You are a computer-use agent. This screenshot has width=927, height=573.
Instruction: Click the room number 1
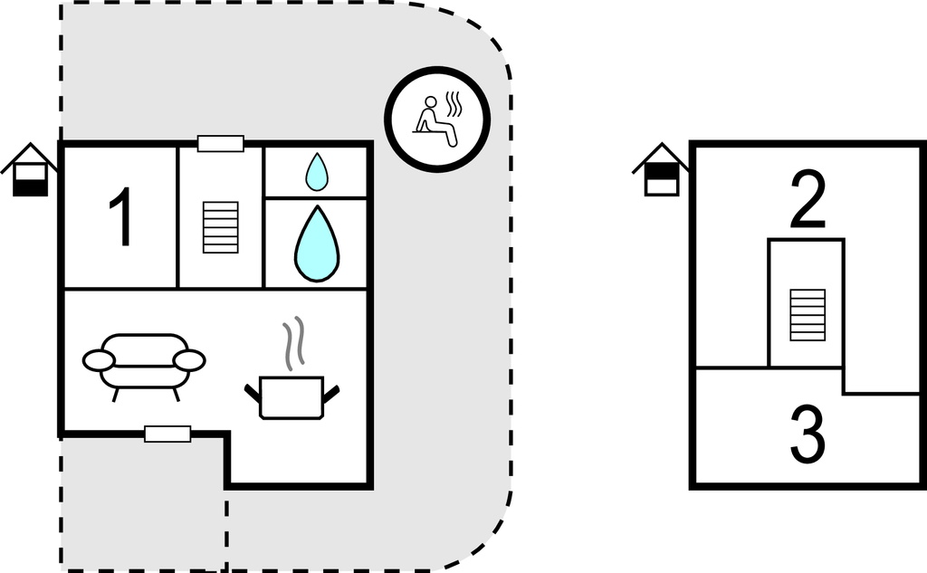tap(120, 217)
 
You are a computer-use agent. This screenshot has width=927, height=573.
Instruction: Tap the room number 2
tap(808, 202)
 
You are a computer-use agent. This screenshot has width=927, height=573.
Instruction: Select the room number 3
tap(808, 435)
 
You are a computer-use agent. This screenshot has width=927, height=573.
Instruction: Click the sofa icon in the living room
tap(144, 362)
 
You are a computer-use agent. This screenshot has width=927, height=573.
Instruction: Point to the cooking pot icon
tap(291, 396)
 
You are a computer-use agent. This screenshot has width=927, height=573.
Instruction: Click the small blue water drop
tap(316, 171)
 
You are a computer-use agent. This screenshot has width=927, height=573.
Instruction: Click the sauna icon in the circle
tap(437, 118)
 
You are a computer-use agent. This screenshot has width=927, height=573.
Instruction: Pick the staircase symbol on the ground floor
tap(221, 227)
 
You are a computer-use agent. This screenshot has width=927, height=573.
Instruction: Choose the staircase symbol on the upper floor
tap(807, 314)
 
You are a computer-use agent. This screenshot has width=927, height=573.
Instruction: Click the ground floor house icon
tap(30, 170)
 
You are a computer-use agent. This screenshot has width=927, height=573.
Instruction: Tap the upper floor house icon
tap(661, 170)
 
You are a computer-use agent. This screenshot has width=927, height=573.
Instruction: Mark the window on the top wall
tap(221, 143)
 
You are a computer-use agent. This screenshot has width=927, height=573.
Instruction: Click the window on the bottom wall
tap(167, 435)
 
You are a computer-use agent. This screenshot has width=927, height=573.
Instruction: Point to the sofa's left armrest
tap(98, 360)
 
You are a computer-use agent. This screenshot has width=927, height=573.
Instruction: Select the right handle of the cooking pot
tap(331, 392)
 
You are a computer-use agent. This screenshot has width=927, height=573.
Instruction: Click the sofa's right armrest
tap(189, 360)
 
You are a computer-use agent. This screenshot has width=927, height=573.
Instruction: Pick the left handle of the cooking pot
tap(253, 392)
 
